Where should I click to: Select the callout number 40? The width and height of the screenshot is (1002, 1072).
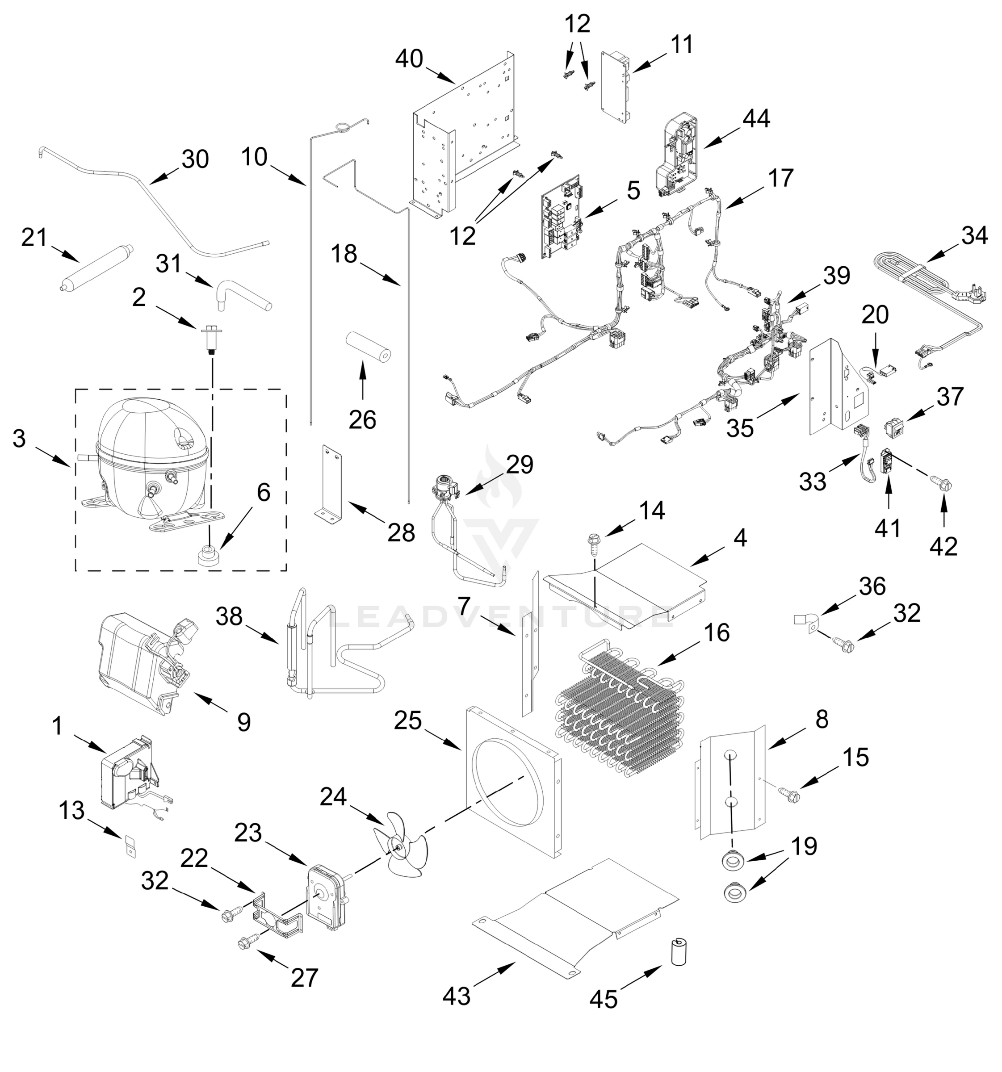(x=409, y=59)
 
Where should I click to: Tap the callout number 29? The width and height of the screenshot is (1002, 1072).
(x=520, y=464)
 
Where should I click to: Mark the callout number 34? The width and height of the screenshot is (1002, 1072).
(x=974, y=236)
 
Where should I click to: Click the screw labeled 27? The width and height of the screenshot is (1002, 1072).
(x=248, y=942)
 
